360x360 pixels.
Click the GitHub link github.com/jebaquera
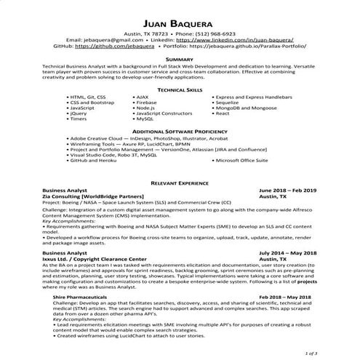(113, 45)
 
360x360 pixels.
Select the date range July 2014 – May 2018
(287, 252)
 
